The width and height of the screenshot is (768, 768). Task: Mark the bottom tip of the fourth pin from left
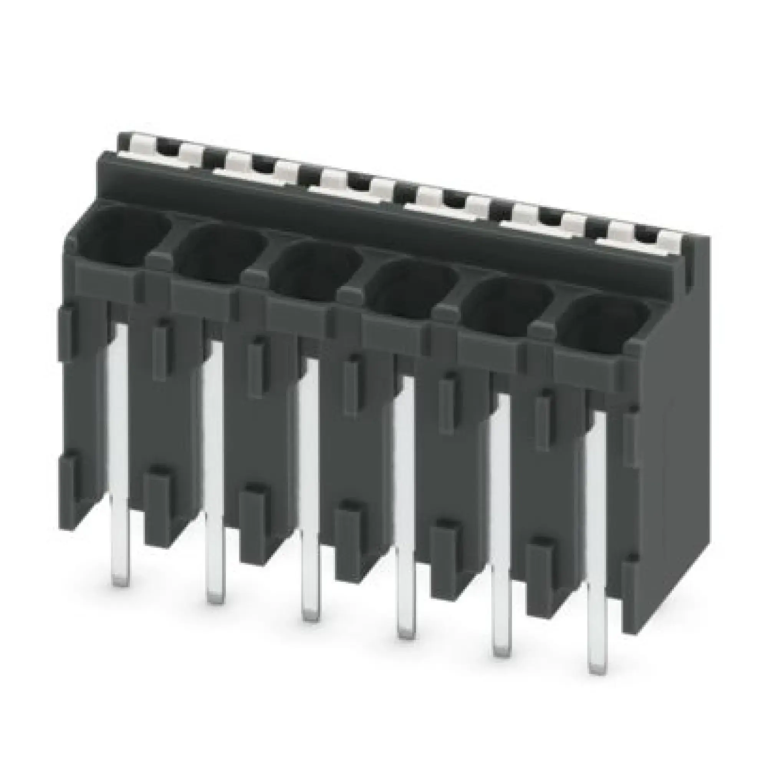(406, 635)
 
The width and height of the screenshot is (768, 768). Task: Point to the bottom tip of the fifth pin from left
(502, 652)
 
